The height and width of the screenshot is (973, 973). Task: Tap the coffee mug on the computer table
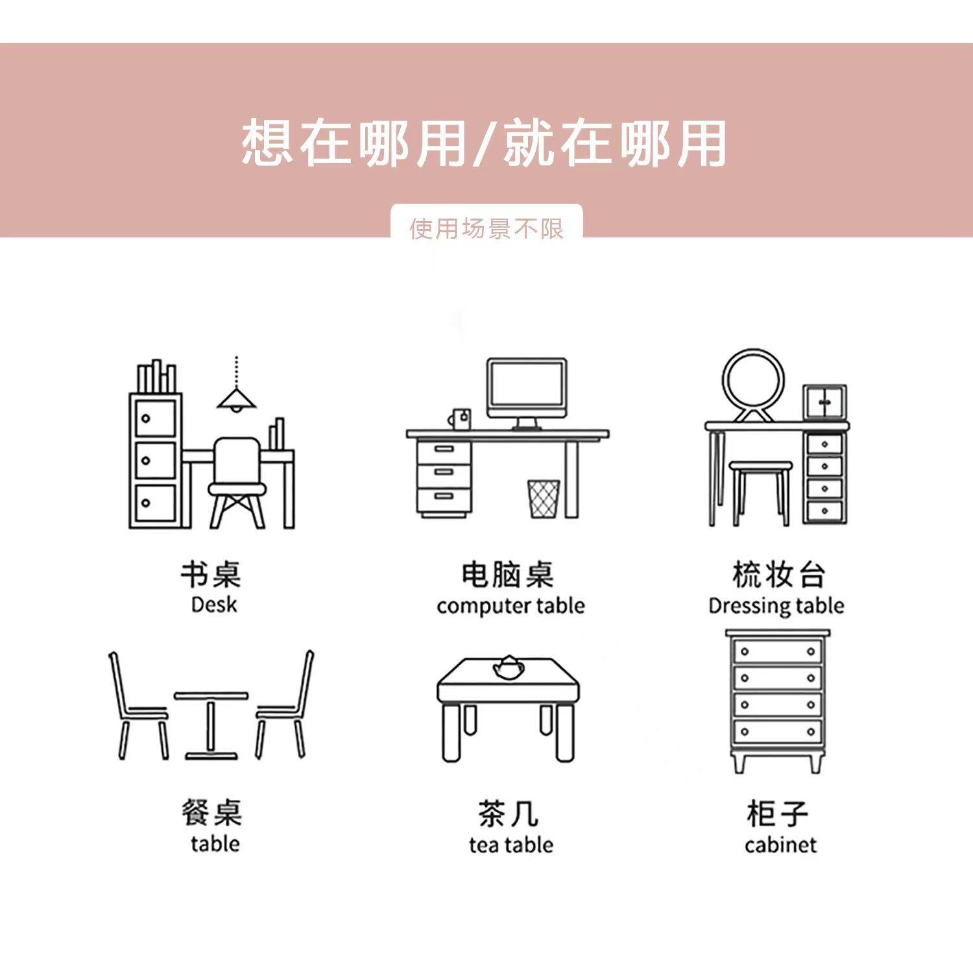(461, 418)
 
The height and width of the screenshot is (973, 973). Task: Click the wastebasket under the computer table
(544, 499)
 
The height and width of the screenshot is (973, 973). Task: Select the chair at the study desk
(237, 480)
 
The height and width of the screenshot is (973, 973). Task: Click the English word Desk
(214, 605)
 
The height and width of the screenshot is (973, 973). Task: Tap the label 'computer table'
(511, 606)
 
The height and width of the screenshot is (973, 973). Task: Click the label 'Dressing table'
(776, 606)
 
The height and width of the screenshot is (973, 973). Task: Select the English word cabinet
(780, 845)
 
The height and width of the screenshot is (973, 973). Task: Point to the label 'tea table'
(511, 845)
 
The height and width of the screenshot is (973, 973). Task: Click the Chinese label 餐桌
(211, 813)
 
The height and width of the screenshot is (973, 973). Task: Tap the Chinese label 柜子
(777, 813)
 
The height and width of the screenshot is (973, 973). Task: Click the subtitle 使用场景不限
(486, 228)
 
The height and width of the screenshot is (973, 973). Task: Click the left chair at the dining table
(138, 707)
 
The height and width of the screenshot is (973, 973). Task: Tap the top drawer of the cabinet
(777, 651)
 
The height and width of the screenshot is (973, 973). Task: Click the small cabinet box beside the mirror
(824, 402)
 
